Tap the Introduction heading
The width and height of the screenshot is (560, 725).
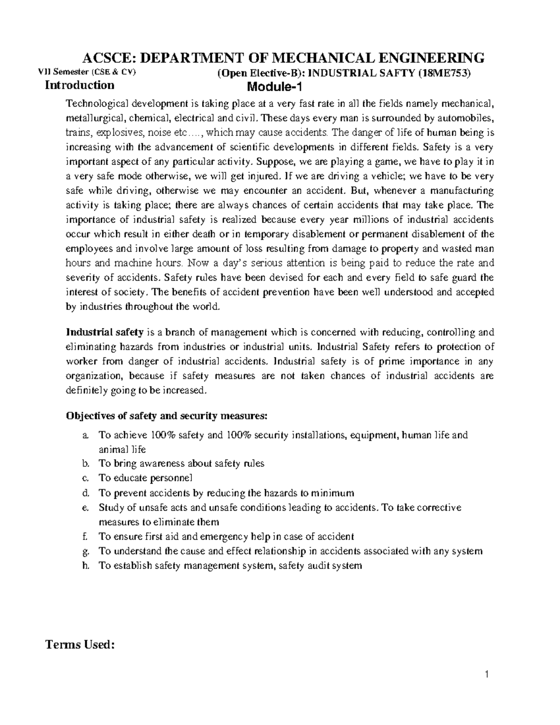click(79, 85)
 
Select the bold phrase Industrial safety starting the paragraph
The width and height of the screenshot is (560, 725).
click(105, 332)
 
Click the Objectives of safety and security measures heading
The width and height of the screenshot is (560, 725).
click(167, 415)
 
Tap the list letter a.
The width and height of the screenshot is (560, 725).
click(84, 436)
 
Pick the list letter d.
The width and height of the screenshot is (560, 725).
click(84, 493)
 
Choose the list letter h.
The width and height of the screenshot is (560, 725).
click(84, 566)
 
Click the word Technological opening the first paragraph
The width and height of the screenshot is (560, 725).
click(98, 103)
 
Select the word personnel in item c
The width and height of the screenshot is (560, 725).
click(171, 478)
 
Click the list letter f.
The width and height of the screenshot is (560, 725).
click(84, 537)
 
